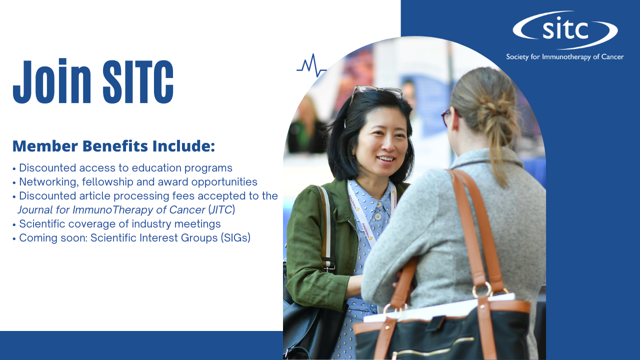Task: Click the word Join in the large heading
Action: pyautogui.click(x=52, y=81)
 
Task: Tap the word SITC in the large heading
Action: pyautogui.click(x=138, y=81)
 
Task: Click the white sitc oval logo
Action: pyautogui.click(x=565, y=30)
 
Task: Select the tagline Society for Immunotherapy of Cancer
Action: pyautogui.click(x=565, y=57)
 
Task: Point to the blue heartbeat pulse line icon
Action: pyautogui.click(x=311, y=65)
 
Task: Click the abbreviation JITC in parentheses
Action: pyautogui.click(x=221, y=209)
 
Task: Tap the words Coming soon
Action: pyautogui.click(x=53, y=237)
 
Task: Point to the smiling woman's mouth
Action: pyautogui.click(x=385, y=158)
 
